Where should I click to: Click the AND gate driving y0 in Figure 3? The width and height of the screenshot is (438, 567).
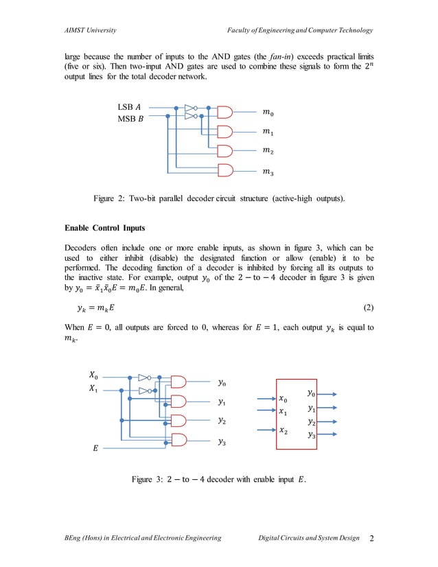tap(180, 382)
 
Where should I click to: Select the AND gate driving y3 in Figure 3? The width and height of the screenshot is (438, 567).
tap(180, 440)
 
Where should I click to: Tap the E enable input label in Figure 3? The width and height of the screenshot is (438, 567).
tap(95, 448)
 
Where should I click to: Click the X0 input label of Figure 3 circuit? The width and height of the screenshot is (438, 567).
tap(94, 375)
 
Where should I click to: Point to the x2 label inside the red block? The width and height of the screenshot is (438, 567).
tap(284, 430)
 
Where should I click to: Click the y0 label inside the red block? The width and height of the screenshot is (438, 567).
tap(312, 393)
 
